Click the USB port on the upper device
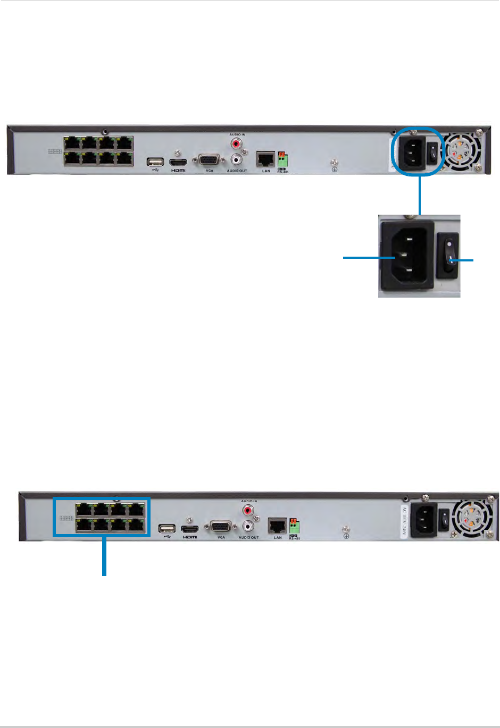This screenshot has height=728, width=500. pyautogui.click(x=155, y=162)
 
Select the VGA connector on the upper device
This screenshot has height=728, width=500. pyautogui.click(x=209, y=161)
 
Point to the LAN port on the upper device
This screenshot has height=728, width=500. pyautogui.click(x=265, y=159)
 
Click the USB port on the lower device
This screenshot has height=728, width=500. pyautogui.click(x=167, y=529)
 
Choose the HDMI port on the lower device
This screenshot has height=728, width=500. pyautogui.click(x=190, y=529)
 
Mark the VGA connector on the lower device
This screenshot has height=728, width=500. pyautogui.click(x=221, y=527)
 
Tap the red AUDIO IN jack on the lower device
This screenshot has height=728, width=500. pyautogui.click(x=248, y=511)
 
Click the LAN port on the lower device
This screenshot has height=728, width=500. pyautogui.click(x=277, y=526)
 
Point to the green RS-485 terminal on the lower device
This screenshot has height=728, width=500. pyautogui.click(x=294, y=527)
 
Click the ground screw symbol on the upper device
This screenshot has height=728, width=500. pyautogui.click(x=335, y=170)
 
